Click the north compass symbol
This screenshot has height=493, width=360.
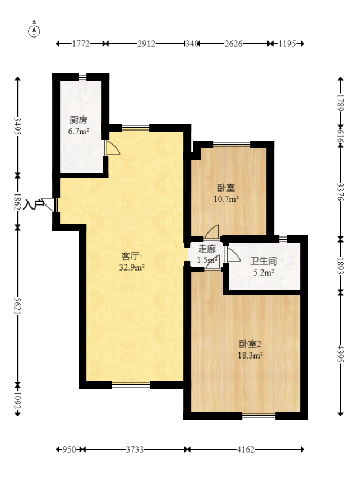[34, 30]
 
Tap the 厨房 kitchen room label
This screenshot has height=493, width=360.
[79, 120]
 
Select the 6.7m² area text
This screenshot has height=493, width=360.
[79, 132]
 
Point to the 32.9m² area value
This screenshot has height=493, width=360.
[132, 267]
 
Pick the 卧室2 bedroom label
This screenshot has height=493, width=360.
[251, 344]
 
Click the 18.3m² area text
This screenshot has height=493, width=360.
[251, 355]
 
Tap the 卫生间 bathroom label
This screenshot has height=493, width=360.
[264, 262]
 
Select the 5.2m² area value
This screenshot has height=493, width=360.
[264, 273]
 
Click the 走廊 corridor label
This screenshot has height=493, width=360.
[207, 249]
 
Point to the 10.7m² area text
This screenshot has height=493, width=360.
[227, 198]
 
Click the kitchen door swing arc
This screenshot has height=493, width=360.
[113, 147]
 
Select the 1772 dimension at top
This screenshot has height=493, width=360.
[81, 44]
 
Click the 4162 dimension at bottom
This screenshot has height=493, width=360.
[245, 449]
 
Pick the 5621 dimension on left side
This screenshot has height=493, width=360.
[17, 306]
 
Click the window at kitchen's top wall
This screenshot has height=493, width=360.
[82, 77]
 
